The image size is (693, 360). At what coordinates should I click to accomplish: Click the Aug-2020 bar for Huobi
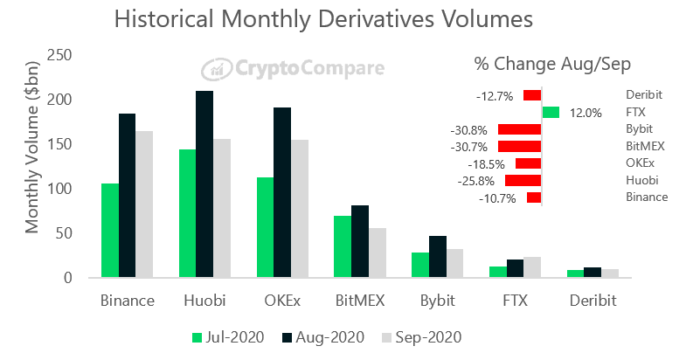click(204, 184)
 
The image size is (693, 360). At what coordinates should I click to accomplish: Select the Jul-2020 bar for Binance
click(110, 231)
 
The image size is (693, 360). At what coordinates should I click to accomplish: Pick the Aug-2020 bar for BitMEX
click(359, 242)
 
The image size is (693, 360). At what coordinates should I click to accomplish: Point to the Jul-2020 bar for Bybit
click(419, 266)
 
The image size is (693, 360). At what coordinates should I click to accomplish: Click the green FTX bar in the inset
click(551, 112)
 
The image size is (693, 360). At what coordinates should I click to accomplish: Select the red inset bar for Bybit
click(519, 129)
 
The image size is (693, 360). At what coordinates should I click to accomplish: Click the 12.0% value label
click(586, 113)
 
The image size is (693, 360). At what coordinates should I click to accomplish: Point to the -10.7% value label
click(497, 198)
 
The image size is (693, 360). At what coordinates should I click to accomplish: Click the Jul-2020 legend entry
click(222, 336)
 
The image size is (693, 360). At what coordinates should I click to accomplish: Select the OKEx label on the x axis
click(282, 301)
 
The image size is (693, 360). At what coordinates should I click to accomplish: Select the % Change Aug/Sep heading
click(552, 65)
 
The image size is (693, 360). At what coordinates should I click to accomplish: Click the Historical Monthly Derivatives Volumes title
click(323, 19)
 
